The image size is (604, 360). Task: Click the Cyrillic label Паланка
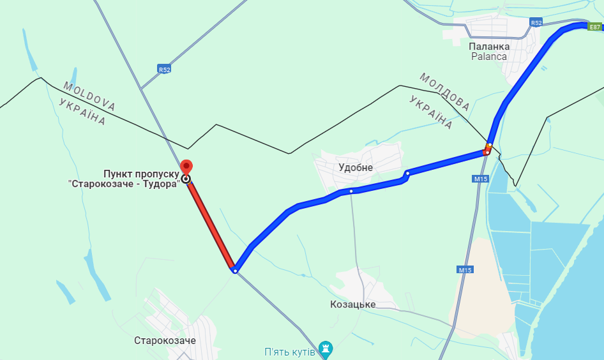(489, 46)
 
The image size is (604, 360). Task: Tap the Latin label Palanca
(489, 56)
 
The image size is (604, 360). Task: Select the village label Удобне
(356, 167)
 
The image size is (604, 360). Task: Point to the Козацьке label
(353, 304)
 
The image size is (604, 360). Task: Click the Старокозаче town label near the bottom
(165, 340)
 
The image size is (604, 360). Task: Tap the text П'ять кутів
(290, 352)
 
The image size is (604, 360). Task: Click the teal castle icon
(326, 349)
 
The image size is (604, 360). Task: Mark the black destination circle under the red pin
(186, 179)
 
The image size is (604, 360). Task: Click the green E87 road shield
(594, 27)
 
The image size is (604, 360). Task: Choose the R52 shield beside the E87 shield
(536, 23)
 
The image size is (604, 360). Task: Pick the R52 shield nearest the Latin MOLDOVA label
(165, 69)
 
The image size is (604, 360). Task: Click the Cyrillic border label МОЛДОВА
(444, 91)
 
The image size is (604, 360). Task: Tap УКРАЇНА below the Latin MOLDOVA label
(81, 112)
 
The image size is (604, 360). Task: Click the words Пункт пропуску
(140, 174)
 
